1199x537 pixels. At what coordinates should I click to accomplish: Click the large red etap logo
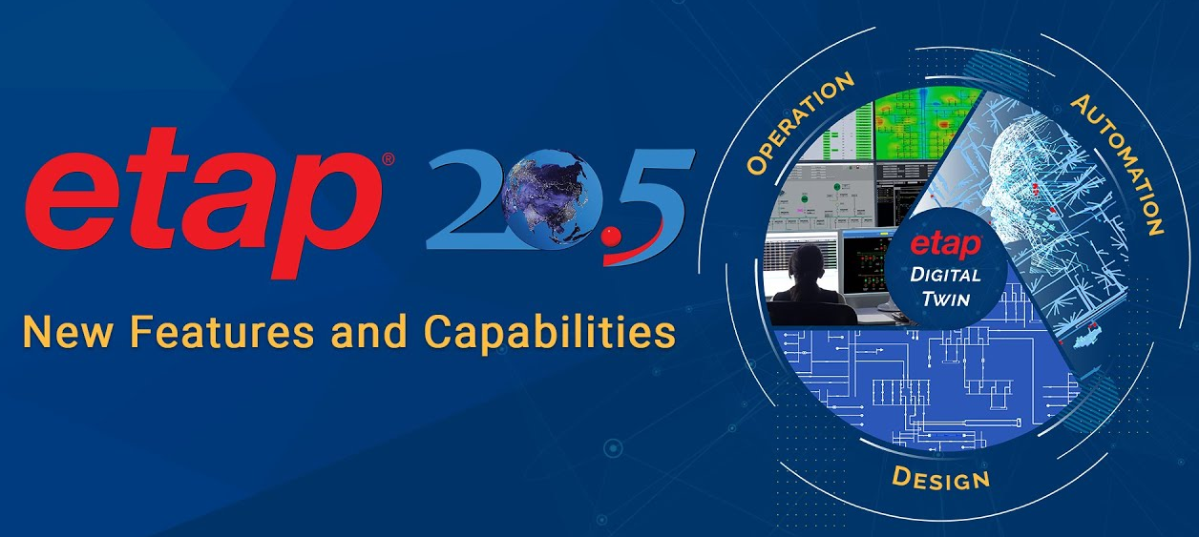203,203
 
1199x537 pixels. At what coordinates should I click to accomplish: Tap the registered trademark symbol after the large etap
389,159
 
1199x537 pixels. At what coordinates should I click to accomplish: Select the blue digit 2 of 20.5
467,199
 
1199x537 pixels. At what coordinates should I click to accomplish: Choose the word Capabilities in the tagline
550,334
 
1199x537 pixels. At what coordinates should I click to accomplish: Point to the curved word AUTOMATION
1119,164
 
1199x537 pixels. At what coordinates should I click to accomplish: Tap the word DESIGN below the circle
940,478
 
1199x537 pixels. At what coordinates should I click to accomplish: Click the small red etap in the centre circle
946,245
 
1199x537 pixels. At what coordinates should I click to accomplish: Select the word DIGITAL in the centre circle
945,275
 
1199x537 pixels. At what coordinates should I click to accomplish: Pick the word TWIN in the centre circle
946,299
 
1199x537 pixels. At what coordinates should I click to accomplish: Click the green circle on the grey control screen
835,187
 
